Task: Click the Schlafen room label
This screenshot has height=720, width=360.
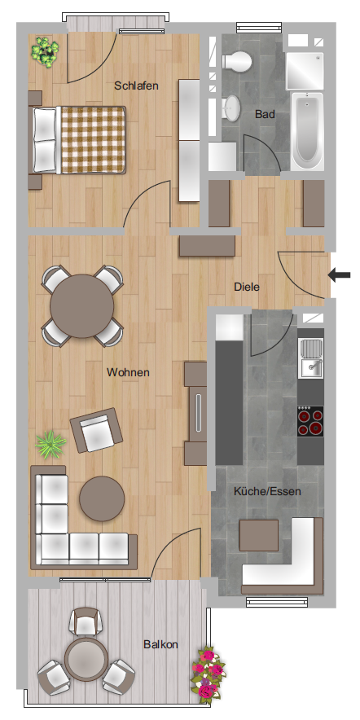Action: click(x=136, y=86)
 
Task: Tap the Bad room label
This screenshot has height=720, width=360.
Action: click(x=265, y=114)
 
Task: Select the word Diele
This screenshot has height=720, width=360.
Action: click(x=247, y=287)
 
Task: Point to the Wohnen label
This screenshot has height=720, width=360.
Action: click(x=128, y=372)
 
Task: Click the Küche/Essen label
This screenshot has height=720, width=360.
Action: click(x=267, y=492)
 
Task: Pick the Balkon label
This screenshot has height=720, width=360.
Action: click(x=160, y=644)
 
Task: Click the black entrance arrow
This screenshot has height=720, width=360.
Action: click(x=339, y=275)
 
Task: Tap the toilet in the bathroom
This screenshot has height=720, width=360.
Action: click(x=237, y=60)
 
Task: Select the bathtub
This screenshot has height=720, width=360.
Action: click(x=308, y=130)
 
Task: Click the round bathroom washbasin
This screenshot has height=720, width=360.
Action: click(x=232, y=108)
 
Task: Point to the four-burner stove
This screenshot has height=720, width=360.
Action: click(x=310, y=422)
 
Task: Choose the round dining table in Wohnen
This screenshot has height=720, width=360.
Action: click(x=82, y=306)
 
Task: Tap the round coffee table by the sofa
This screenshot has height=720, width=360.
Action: click(x=102, y=498)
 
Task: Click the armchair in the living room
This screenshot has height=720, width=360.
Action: click(x=96, y=431)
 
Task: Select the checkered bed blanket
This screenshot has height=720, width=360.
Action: click(x=93, y=140)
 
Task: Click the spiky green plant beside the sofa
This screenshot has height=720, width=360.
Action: click(x=50, y=445)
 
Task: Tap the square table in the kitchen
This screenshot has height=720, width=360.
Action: click(x=259, y=535)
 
